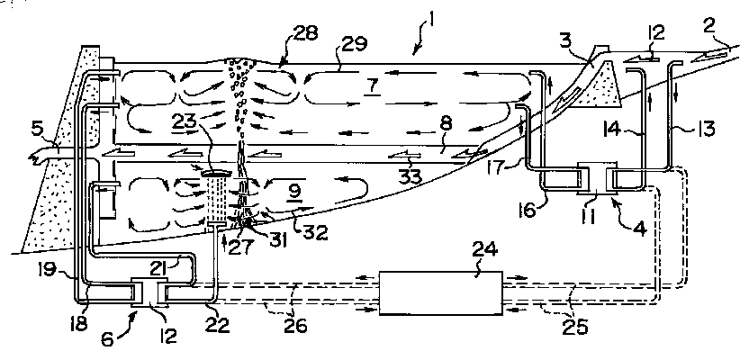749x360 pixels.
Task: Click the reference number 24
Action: tap(485, 251)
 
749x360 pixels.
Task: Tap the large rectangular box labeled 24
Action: tap(440, 292)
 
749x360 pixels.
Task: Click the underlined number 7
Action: tap(372, 88)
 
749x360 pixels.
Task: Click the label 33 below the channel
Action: tap(411, 175)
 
